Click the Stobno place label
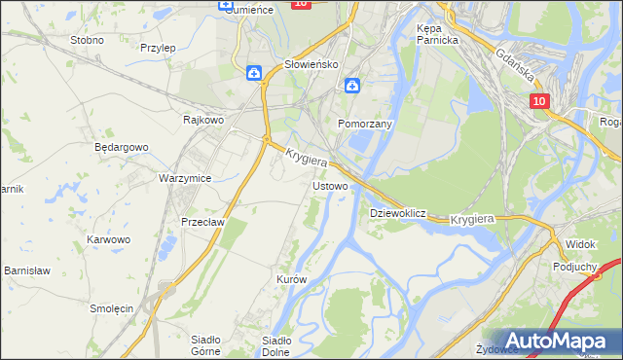tap(87, 41)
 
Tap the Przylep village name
tap(157, 47)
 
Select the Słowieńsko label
tap(310, 64)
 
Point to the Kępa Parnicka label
tap(437, 35)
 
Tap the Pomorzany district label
tap(364, 125)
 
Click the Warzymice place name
tap(185, 179)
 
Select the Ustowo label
tap(330, 185)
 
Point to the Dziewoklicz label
tap(398, 212)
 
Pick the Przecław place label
tap(203, 222)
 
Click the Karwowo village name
tap(108, 239)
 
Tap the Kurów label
tap(291, 279)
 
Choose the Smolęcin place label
tap(111, 308)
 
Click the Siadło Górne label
tap(204, 345)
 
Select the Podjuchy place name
tap(573, 266)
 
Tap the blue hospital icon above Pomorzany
tap(351, 85)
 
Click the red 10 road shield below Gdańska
tap(541, 101)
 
